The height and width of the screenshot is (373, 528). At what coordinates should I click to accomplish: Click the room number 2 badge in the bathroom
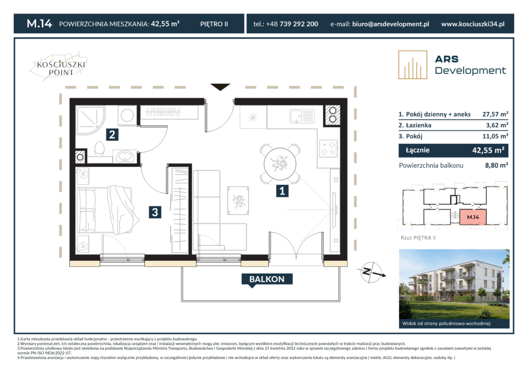pos(112,134)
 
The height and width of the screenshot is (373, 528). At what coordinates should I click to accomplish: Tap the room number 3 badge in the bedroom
pos(155,212)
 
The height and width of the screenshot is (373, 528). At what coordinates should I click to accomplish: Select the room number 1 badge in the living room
pos(282,191)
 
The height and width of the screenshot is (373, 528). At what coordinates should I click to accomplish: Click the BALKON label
pos(267,280)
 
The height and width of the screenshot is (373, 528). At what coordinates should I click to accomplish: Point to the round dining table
pos(280,164)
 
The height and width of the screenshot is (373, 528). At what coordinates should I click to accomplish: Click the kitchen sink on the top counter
pos(302,116)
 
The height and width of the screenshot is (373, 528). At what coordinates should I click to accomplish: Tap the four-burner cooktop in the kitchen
pos(328,148)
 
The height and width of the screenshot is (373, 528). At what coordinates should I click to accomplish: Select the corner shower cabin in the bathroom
pos(90,120)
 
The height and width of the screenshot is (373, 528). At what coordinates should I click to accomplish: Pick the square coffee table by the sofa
pos(238,200)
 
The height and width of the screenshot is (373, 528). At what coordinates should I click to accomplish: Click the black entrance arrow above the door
pos(220,87)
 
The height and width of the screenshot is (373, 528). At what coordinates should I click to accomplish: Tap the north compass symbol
pos(372,272)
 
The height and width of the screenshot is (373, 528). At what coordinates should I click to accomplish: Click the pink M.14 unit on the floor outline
pos(473,217)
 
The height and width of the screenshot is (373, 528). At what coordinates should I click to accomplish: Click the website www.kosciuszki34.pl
pos(473,24)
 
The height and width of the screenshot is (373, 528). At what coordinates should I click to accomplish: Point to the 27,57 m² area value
pos(495,114)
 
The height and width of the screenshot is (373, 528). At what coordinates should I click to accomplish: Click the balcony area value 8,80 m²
pos(497,165)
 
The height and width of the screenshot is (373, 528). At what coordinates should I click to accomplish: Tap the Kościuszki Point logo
pos(60,66)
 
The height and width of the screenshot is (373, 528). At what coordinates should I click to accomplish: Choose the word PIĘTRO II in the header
pos(214,24)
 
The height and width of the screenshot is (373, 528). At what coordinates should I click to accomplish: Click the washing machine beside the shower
pos(127,115)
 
